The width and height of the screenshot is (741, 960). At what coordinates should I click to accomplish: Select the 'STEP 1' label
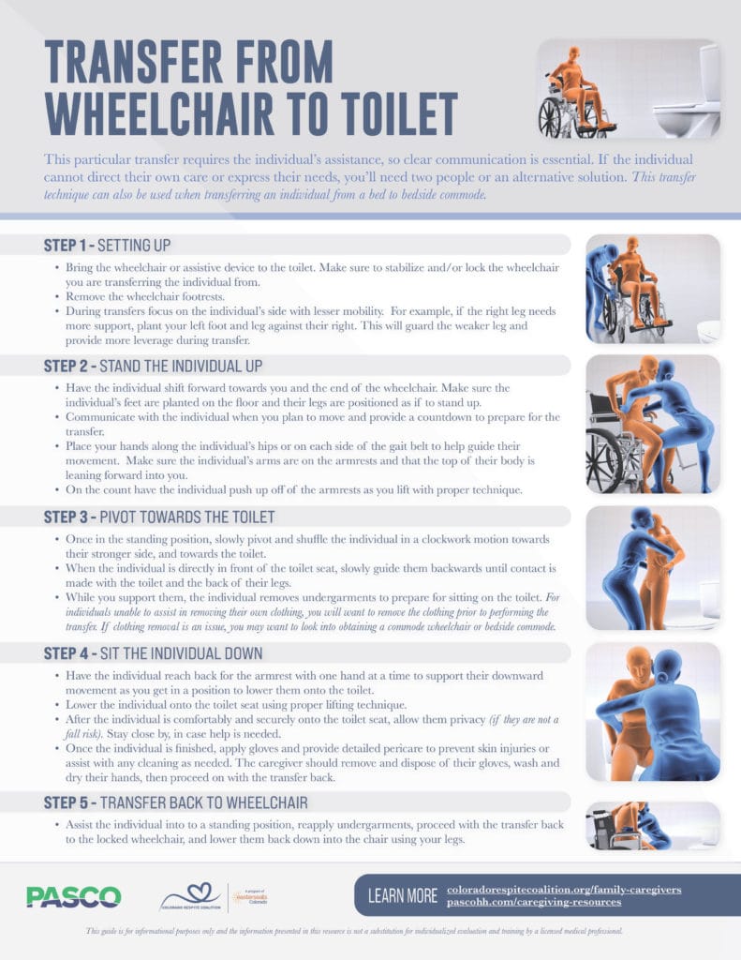(67, 246)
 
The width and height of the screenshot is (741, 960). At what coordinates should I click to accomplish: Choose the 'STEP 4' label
(67, 652)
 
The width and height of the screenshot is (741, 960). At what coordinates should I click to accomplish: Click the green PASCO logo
(73, 897)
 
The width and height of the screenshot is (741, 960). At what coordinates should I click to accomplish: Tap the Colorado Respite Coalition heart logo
(191, 897)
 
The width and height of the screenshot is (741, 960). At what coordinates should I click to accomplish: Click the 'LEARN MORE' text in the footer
(402, 896)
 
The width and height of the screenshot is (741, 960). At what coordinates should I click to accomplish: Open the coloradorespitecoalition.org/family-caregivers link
(563, 889)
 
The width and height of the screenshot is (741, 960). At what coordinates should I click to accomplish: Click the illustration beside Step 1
(653, 288)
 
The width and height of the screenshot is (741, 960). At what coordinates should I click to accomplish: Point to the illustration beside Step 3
(653, 567)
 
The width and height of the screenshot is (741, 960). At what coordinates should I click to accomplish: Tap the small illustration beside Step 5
(653, 825)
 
